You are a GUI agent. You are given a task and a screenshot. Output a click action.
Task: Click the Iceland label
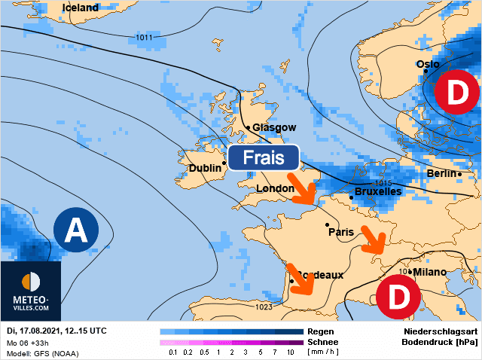pyautogui.click(x=80, y=8)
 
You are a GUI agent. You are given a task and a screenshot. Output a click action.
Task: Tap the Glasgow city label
pyautogui.click(x=274, y=127)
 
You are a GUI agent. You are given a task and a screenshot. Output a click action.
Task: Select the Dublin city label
pyautogui.click(x=206, y=169)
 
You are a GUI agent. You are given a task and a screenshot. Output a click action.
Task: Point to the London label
pyautogui.click(x=275, y=188)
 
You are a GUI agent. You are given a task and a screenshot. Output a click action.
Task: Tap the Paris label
pyautogui.click(x=341, y=233)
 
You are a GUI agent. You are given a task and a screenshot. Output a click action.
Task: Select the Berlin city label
pyautogui.click(x=442, y=174)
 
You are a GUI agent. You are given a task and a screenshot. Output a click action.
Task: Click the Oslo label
pyautogui.click(x=428, y=65)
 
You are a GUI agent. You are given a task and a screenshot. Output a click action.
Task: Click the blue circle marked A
pyautogui.click(x=75, y=230)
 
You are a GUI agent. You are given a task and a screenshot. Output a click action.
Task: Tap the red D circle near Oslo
pyautogui.click(x=456, y=93)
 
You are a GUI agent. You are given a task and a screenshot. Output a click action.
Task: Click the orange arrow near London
pyautogui.click(x=304, y=191)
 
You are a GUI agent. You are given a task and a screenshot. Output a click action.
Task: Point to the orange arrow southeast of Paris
pyautogui.click(x=373, y=239)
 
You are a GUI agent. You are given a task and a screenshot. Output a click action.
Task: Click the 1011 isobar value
pyautogui.click(x=144, y=37)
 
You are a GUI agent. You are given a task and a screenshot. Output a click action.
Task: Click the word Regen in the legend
pyautogui.click(x=319, y=331)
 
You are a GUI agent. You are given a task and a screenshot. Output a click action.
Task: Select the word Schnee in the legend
pyautogui.click(x=322, y=341)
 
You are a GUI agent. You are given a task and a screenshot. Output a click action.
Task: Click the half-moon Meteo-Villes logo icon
pyautogui.click(x=31, y=282)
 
